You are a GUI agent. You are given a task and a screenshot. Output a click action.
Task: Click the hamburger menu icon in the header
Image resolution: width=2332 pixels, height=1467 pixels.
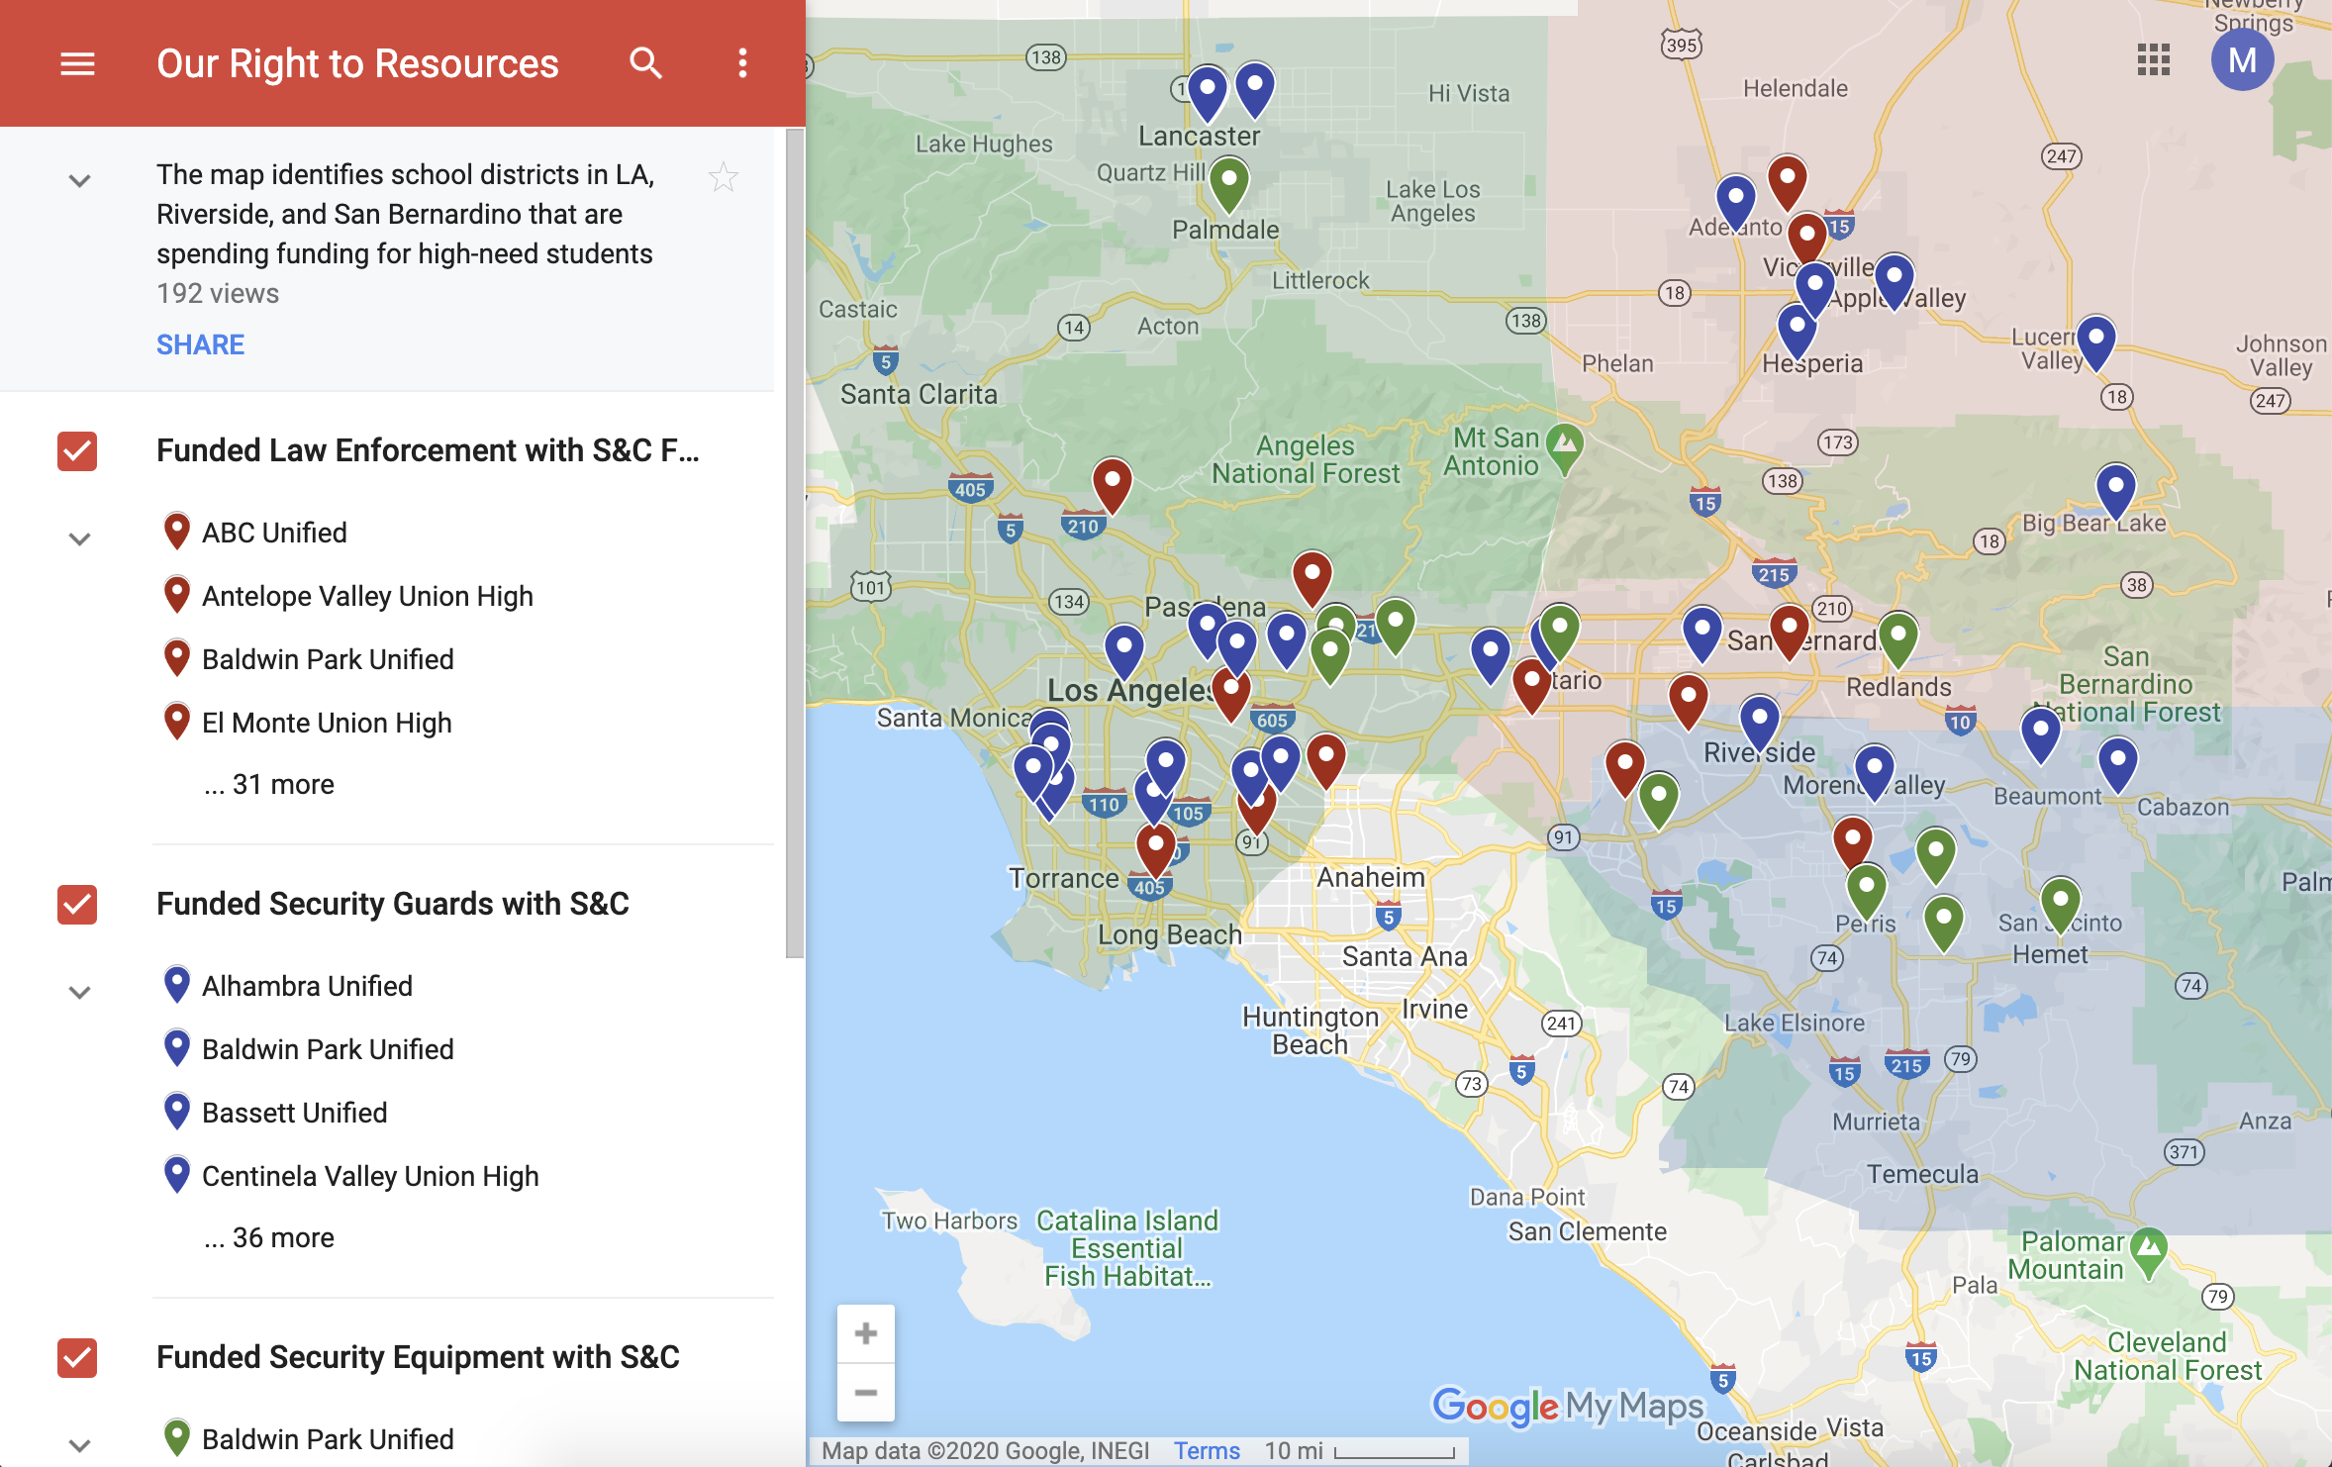click(x=77, y=64)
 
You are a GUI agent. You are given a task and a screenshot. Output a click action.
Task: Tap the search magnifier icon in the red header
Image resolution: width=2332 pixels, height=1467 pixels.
click(x=645, y=63)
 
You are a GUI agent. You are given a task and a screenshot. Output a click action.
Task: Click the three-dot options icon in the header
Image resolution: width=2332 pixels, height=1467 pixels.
click(x=742, y=63)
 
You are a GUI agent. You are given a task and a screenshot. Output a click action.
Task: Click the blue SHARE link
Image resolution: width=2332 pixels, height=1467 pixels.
click(x=200, y=344)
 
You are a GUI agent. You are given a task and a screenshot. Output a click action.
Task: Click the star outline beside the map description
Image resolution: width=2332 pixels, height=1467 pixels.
click(x=724, y=177)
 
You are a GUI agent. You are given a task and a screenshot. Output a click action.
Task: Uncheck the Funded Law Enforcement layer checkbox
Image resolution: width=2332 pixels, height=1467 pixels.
click(x=77, y=451)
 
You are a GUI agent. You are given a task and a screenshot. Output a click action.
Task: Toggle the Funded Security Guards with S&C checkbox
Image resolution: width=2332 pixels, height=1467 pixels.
click(x=77, y=905)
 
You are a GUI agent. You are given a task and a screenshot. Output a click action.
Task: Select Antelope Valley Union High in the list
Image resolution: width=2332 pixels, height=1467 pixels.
click(x=367, y=596)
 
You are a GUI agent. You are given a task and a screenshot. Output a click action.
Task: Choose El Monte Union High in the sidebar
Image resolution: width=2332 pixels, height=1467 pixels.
click(x=327, y=723)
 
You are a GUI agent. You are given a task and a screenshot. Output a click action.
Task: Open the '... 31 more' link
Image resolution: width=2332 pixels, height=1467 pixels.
click(x=269, y=784)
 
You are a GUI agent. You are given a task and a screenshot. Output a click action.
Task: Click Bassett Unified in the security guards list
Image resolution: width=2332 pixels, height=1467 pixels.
click(x=294, y=1113)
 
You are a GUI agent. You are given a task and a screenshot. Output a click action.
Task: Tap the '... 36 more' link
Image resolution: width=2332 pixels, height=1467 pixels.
click(x=269, y=1237)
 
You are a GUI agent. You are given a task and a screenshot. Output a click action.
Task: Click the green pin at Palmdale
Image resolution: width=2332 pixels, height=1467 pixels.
click(x=1229, y=181)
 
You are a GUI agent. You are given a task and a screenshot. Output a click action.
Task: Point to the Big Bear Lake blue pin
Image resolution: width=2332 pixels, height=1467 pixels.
click(x=2115, y=488)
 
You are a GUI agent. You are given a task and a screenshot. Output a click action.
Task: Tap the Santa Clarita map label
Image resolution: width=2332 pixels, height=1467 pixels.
click(x=919, y=394)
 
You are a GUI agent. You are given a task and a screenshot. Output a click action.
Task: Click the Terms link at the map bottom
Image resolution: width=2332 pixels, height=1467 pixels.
click(x=1207, y=1451)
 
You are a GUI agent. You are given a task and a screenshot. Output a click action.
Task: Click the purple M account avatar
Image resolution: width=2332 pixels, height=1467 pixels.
click(x=2242, y=60)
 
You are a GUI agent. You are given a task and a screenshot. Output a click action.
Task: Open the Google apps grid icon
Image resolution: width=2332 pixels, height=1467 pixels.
click(x=2153, y=60)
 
